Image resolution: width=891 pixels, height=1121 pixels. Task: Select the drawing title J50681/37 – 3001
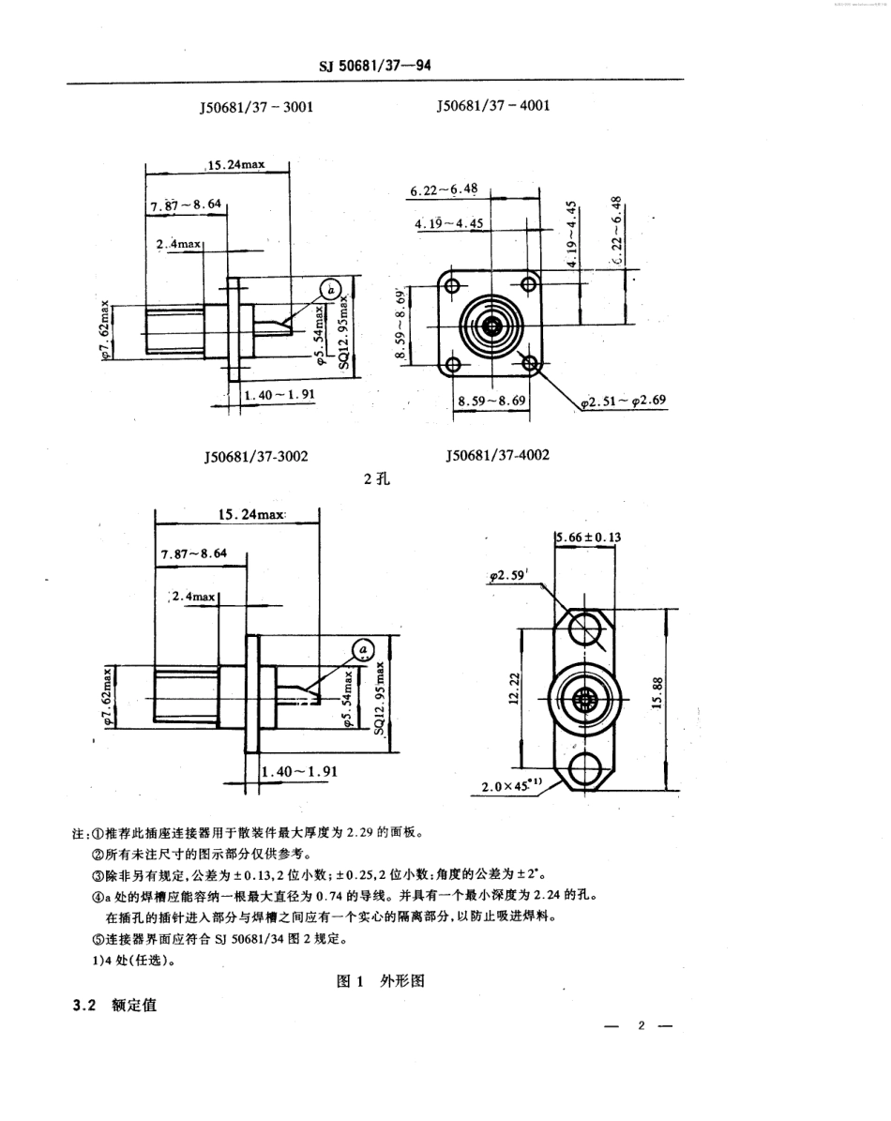[x=256, y=107]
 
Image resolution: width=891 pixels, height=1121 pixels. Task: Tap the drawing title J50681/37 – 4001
[x=492, y=106]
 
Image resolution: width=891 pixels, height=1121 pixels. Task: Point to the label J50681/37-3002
[x=256, y=456]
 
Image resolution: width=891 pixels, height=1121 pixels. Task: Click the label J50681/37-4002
[x=497, y=455]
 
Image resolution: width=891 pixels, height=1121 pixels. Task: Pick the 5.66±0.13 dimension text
[x=589, y=538]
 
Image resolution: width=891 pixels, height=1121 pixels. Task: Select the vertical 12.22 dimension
[x=513, y=692]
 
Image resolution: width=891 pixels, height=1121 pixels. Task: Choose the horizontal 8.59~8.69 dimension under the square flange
[x=491, y=400]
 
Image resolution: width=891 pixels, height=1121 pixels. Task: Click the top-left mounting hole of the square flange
[x=452, y=285]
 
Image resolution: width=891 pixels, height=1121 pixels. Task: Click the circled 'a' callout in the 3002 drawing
[x=361, y=649]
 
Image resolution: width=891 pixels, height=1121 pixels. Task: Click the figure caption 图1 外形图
[x=381, y=981]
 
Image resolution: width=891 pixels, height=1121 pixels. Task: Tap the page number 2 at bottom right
[x=642, y=1025]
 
